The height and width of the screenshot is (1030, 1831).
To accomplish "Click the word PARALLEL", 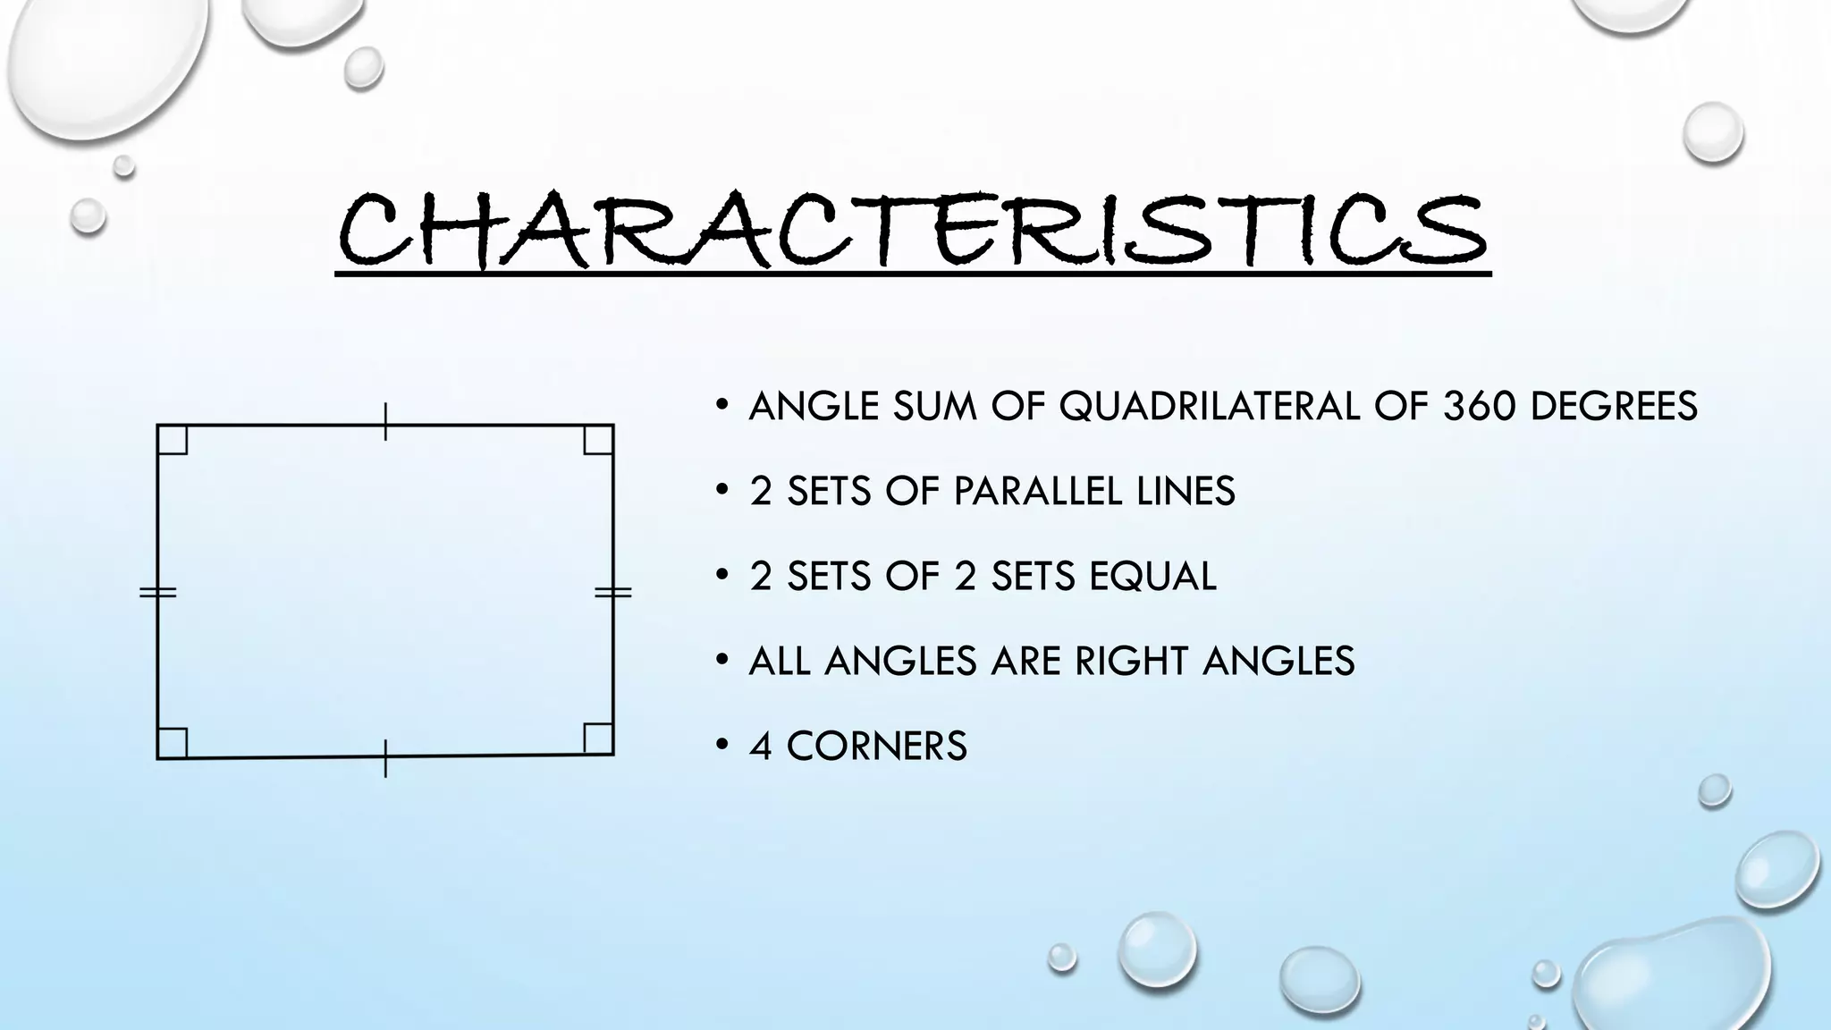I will click(x=1037, y=492).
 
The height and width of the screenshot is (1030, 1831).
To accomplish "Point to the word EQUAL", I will click(x=1153, y=577).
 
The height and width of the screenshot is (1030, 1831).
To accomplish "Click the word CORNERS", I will click(x=876, y=747).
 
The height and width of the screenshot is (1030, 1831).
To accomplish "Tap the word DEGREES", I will click(x=1614, y=407).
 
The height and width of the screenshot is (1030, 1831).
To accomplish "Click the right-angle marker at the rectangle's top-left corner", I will click(x=173, y=440).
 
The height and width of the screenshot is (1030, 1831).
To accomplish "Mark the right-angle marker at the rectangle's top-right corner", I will click(x=598, y=440).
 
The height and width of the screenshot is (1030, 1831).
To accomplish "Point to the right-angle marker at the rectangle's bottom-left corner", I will click(x=173, y=743).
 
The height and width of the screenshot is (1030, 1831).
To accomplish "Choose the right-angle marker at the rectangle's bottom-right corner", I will click(x=598, y=739).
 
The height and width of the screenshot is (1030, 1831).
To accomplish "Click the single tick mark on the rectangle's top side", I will click(x=385, y=422).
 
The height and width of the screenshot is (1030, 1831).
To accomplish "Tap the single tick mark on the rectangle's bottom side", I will click(x=385, y=758).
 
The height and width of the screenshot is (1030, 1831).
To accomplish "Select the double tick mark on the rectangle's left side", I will click(x=158, y=592).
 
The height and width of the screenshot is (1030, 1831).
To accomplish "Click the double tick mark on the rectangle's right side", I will click(x=613, y=592).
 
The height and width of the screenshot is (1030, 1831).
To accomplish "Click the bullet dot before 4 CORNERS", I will click(x=721, y=745).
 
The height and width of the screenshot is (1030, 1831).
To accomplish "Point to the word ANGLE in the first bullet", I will click(x=814, y=407).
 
